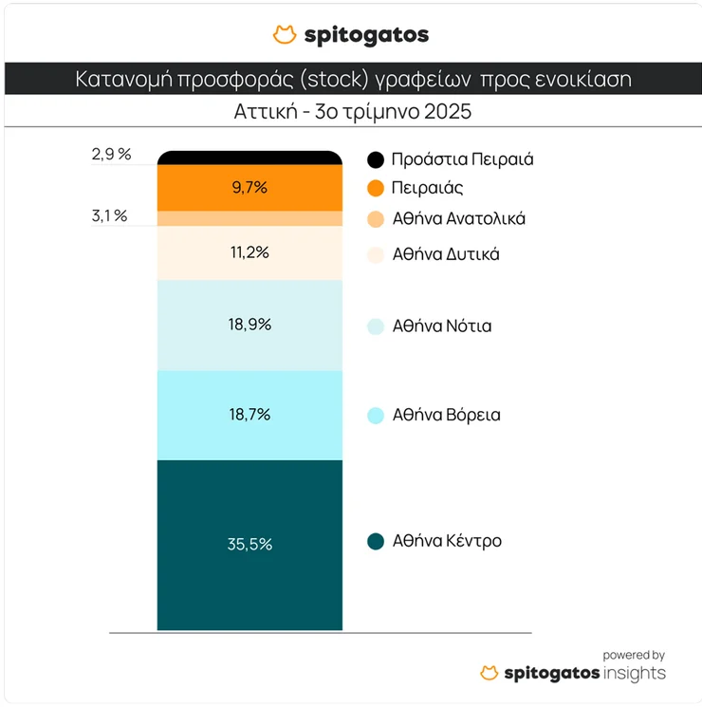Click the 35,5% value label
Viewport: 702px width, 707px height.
[249, 544]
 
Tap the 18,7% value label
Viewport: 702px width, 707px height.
[249, 415]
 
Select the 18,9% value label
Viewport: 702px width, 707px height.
[249, 325]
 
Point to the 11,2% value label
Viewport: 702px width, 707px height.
[249, 252]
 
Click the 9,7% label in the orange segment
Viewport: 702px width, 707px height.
[249, 187]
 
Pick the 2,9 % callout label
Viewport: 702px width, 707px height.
[111, 154]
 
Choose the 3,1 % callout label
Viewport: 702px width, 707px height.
[109, 215]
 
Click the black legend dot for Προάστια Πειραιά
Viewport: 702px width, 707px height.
[376, 159]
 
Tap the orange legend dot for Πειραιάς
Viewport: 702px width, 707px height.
[376, 188]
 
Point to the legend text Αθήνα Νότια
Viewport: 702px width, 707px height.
[441, 326]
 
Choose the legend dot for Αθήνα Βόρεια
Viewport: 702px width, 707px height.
[376, 416]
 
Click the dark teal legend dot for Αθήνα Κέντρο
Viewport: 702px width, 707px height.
[376, 542]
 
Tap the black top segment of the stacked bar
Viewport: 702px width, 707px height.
[249, 158]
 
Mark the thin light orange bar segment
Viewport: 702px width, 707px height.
[249, 218]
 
